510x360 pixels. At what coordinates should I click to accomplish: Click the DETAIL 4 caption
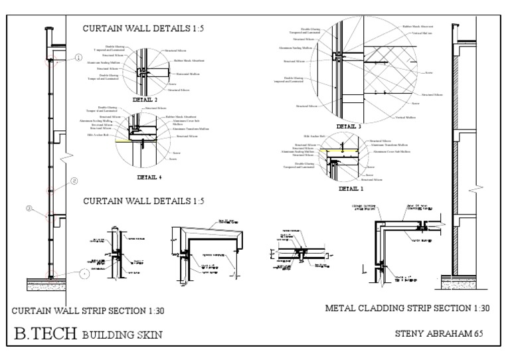(x=149, y=178)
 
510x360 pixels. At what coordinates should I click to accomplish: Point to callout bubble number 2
(x=74, y=180)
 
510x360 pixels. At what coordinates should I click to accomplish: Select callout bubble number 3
(x=29, y=209)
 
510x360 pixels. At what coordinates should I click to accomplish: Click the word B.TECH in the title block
(x=46, y=333)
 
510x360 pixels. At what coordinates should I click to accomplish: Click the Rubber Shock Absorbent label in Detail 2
(x=189, y=60)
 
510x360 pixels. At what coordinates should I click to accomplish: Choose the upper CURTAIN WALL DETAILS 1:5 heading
(x=132, y=29)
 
